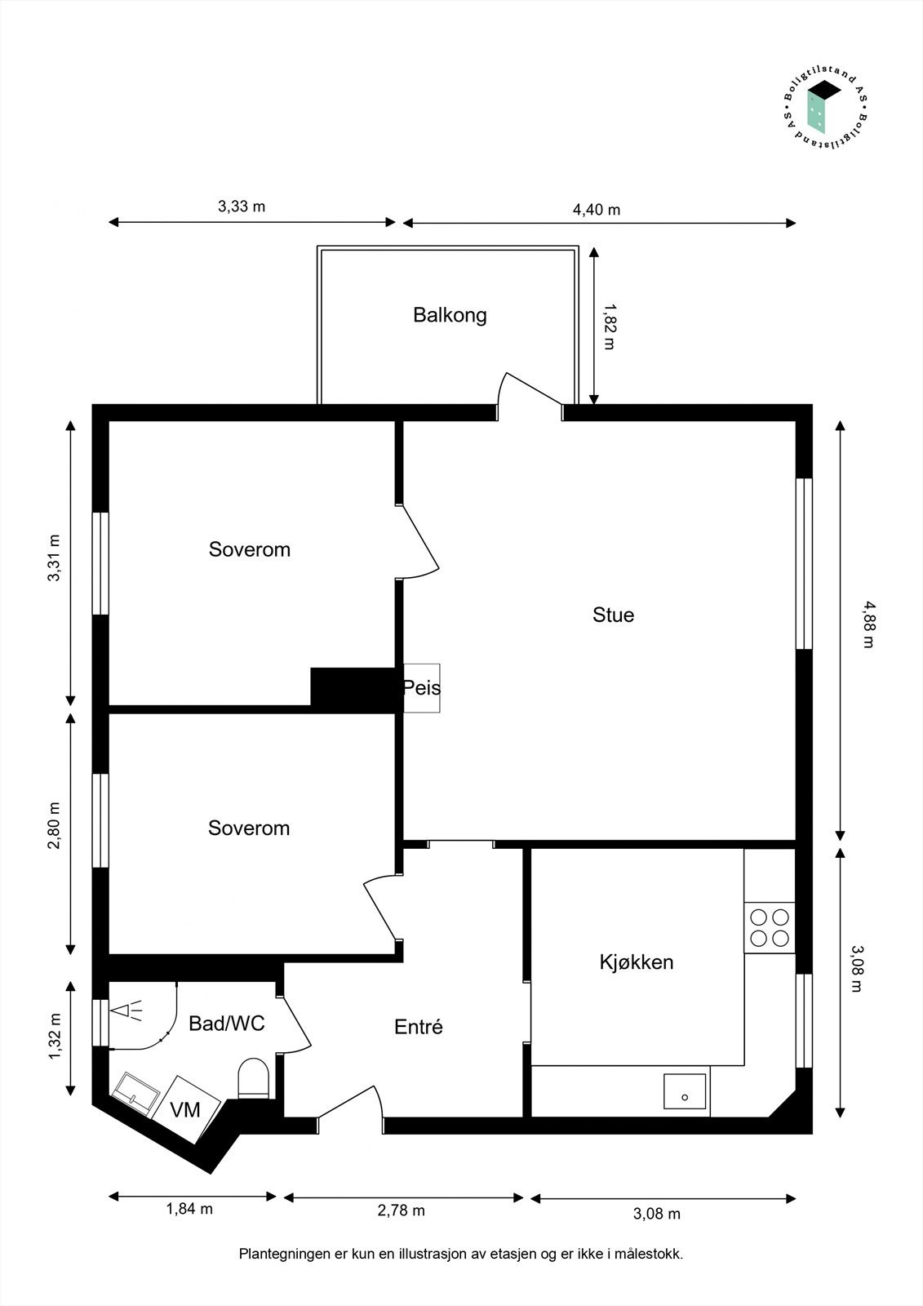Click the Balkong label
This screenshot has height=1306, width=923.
(450, 315)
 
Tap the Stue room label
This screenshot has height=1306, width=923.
(613, 615)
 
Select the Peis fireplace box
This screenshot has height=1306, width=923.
(422, 688)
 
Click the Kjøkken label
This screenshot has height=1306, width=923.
(637, 962)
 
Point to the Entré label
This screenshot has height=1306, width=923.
(418, 1027)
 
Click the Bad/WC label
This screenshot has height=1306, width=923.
(226, 1024)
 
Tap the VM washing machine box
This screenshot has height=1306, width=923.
(186, 1109)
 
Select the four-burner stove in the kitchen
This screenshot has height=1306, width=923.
(770, 927)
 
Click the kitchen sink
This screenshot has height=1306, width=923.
(685, 1091)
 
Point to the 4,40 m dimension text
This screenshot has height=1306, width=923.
(597, 210)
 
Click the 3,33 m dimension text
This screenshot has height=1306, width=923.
(242, 207)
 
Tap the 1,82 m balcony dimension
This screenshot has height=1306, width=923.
(609, 326)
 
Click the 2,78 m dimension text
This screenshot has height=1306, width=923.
(401, 1210)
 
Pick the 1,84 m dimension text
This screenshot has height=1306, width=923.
(189, 1209)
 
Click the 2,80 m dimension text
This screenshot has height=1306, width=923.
(54, 826)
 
